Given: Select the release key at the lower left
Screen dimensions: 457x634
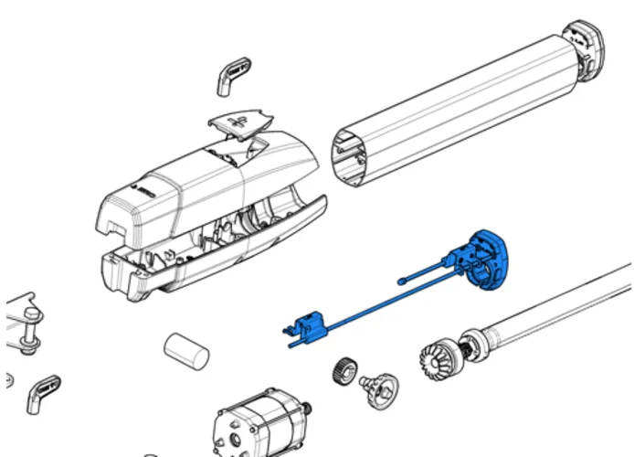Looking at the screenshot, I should pyautogui.click(x=41, y=390).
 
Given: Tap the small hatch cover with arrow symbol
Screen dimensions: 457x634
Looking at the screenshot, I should pyautogui.click(x=242, y=125).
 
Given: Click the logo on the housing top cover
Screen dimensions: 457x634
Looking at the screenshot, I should pyautogui.click(x=145, y=192).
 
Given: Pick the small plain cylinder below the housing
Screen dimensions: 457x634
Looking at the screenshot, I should pyautogui.click(x=186, y=350).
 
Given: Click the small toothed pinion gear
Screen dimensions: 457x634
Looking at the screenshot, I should pyautogui.click(x=343, y=371).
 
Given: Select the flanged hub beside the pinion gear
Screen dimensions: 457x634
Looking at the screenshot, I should pyautogui.click(x=379, y=388).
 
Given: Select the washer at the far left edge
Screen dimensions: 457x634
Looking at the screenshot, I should pyautogui.click(x=6, y=378).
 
